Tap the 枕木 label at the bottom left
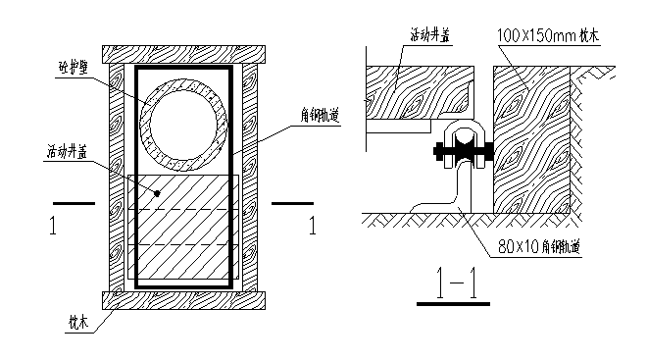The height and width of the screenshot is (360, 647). (x=77, y=320)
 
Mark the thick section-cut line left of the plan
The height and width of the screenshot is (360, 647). (x=73, y=204)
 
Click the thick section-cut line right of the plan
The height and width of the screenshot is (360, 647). (x=291, y=204)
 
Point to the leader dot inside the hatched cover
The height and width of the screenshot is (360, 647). (x=157, y=194)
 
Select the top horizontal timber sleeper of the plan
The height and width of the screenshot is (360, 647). (x=183, y=56)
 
